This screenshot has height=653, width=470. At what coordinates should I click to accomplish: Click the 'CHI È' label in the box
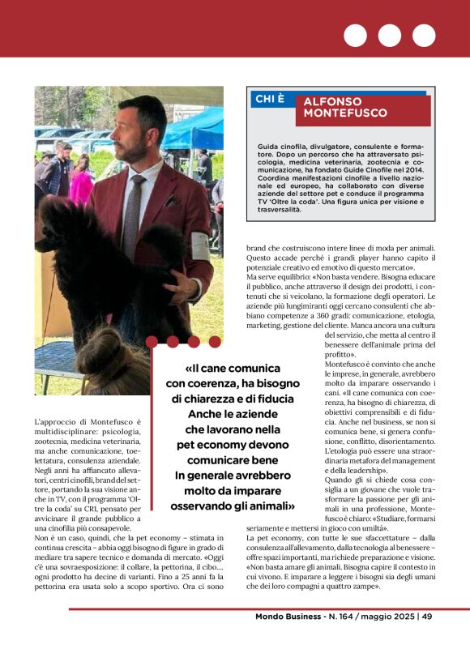pos(270,99)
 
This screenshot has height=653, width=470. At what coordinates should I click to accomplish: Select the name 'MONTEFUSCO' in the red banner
pos(334,113)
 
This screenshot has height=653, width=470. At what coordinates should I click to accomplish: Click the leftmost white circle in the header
pos(355,36)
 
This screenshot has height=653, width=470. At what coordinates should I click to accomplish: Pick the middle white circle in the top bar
pos(390,36)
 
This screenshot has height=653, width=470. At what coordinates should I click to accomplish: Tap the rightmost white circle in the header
pos(424,36)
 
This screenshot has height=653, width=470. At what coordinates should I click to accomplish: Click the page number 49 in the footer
pos(426,617)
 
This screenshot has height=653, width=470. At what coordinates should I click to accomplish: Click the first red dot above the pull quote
pos(152,341)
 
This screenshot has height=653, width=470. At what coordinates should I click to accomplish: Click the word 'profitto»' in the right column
pos(341,354)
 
